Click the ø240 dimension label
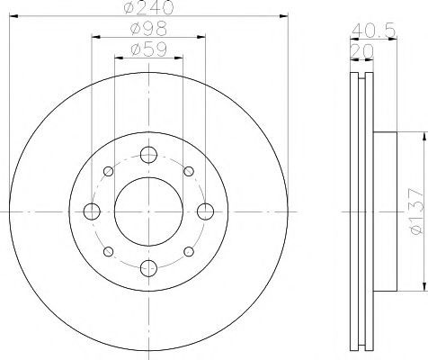148,7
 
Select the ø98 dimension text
148,29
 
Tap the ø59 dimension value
148,49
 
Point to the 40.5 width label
373,31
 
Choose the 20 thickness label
361,51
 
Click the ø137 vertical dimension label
417,211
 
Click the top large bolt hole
148,155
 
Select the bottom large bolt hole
148,268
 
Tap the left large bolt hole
92,211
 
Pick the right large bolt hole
206,211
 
